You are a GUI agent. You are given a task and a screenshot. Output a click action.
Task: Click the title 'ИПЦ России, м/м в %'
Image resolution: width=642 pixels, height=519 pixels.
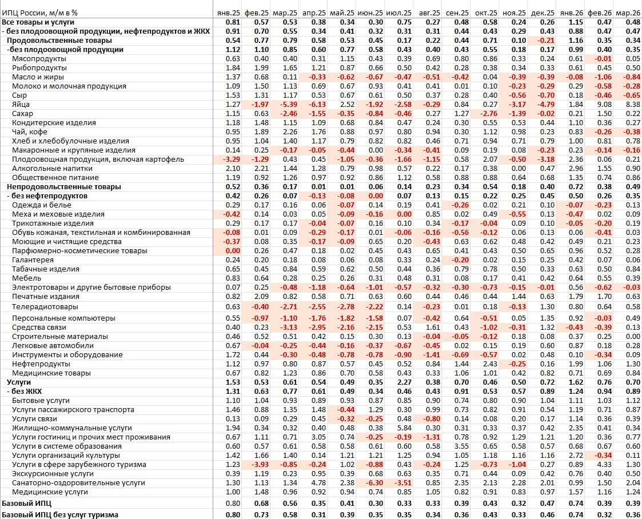(x=40, y=13)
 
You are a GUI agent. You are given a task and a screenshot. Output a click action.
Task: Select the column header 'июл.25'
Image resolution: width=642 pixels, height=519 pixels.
(x=398, y=13)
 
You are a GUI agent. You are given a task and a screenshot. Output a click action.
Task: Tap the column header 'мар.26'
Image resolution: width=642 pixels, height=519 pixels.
(x=628, y=13)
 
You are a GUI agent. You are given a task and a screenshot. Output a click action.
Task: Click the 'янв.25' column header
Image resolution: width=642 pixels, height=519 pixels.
(x=227, y=13)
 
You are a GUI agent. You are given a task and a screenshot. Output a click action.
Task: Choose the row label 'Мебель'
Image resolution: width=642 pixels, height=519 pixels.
(x=26, y=278)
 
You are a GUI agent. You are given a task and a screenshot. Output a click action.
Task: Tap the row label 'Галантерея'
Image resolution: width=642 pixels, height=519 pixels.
(x=33, y=260)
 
